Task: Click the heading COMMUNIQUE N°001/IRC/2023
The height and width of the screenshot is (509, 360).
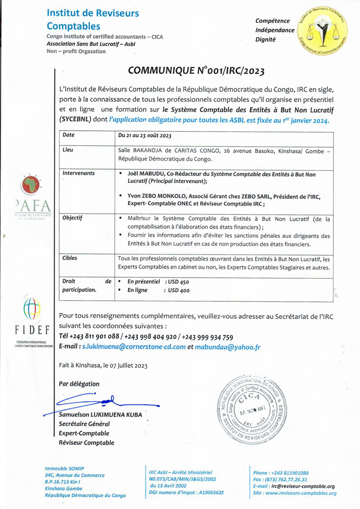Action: (197, 71)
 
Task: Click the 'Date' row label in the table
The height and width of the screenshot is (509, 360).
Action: (68, 135)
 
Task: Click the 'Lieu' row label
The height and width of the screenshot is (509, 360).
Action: (67, 151)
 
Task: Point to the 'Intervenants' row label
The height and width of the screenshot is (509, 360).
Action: (78, 174)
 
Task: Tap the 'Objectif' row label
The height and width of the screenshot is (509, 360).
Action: (73, 218)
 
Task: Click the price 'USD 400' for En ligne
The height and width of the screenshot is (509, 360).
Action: (177, 290)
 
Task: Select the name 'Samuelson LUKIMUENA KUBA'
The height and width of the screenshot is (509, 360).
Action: (100, 415)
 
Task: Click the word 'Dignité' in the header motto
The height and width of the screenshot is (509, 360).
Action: (266, 39)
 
